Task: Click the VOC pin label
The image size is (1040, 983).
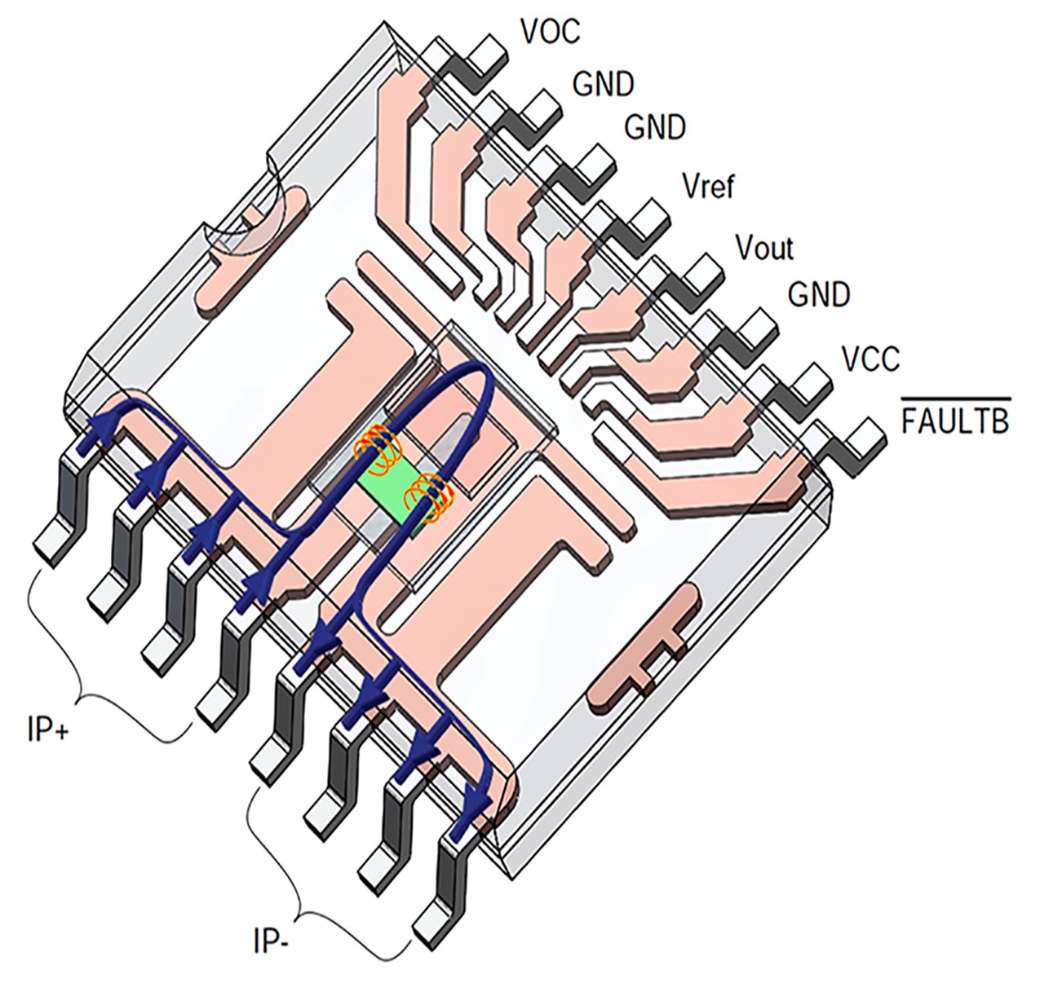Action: click(550, 31)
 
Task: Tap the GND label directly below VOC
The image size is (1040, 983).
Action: click(603, 83)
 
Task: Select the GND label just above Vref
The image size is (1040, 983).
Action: click(655, 127)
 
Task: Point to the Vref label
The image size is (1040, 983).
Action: click(708, 187)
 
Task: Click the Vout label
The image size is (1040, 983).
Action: click(764, 247)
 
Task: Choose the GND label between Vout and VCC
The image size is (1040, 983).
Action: click(819, 293)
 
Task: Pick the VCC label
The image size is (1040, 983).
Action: click(870, 359)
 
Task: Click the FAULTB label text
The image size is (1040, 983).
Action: click(954, 421)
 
